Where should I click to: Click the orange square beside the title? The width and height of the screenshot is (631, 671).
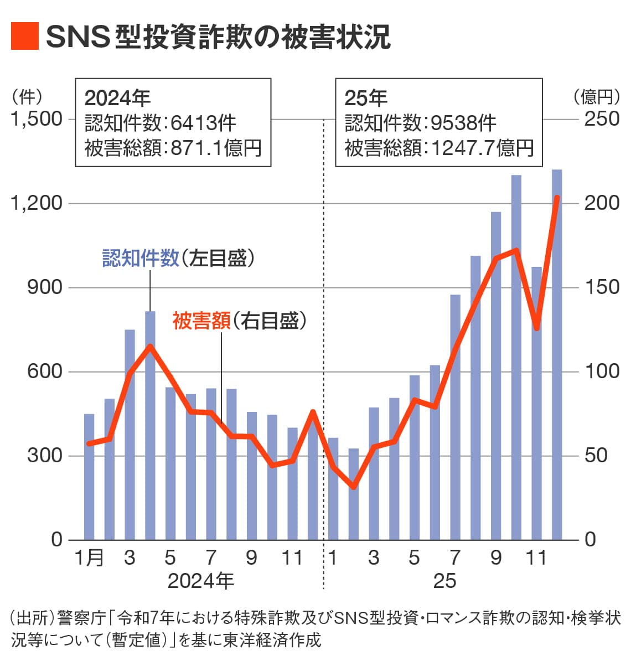pyautogui.click(x=24, y=36)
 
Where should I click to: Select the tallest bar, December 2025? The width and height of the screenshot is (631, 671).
pyautogui.click(x=557, y=354)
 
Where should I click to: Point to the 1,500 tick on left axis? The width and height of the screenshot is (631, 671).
pyautogui.click(x=37, y=119)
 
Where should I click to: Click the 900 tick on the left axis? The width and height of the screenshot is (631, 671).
pyautogui.click(x=44, y=287)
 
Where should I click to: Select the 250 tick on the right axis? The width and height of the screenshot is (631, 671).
pyautogui.click(x=602, y=119)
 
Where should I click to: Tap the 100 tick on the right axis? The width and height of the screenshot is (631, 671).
pyautogui.click(x=602, y=371)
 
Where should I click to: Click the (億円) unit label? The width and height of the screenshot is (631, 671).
pyautogui.click(x=597, y=97)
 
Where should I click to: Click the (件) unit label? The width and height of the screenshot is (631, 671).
pyautogui.click(x=27, y=97)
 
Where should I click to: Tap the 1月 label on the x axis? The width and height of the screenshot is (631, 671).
pyautogui.click(x=89, y=558)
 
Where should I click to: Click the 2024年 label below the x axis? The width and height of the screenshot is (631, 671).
pyautogui.click(x=200, y=581)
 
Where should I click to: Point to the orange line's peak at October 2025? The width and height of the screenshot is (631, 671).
pyautogui.click(x=516, y=250)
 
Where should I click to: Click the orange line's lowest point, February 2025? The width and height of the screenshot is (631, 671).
pyautogui.click(x=353, y=487)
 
